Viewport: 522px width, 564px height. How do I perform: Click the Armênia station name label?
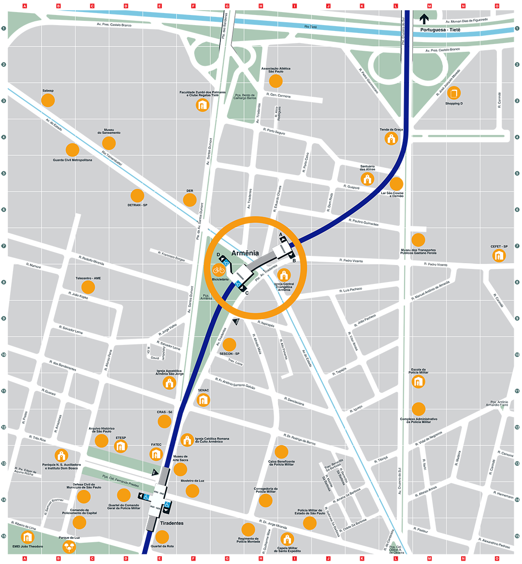point(245,253)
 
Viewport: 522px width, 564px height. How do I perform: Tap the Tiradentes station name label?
point(172,523)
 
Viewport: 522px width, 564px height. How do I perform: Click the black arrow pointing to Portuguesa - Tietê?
point(424,19)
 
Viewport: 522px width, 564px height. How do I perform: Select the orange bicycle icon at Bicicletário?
point(219,270)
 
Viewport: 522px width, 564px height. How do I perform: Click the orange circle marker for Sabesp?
point(48,101)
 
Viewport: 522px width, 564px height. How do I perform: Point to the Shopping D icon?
point(453,93)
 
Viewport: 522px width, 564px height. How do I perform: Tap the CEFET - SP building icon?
point(499,255)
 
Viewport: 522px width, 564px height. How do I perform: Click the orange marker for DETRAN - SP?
point(137,196)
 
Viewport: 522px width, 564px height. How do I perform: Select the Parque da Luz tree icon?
point(69,547)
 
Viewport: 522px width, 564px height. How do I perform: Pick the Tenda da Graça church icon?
point(391,139)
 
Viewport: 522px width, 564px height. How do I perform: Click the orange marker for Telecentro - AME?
point(88,287)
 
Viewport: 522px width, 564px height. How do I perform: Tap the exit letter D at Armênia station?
point(218,255)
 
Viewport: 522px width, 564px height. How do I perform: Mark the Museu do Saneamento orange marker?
point(109,143)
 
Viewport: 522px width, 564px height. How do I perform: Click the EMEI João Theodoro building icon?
point(28,537)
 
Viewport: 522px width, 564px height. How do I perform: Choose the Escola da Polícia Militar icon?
point(418,382)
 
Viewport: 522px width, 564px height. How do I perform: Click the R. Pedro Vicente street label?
point(351,261)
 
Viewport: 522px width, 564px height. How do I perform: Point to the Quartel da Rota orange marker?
point(162,537)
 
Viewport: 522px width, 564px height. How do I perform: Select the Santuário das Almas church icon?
point(367,179)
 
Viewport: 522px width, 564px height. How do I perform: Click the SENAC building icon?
point(203,400)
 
